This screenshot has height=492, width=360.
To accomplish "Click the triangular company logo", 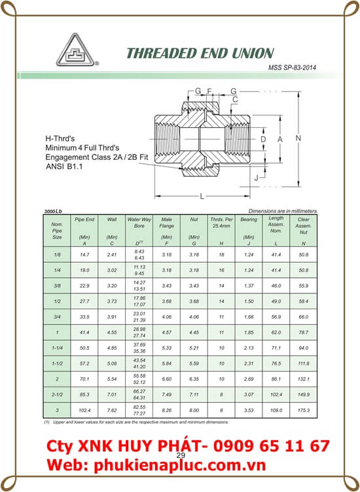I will click(x=73, y=50).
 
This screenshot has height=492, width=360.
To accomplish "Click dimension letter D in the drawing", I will click(x=263, y=140).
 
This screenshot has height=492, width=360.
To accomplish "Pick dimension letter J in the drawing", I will click(x=258, y=178).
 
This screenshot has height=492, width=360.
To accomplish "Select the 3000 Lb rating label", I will click(x=52, y=212).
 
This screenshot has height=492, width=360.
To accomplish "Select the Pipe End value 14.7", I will click(x=83, y=253).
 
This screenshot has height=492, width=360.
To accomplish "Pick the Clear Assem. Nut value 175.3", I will click(x=302, y=410).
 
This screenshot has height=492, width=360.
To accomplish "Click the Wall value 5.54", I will click(x=111, y=379).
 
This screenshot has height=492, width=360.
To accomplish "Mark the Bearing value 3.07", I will click(x=249, y=394).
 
